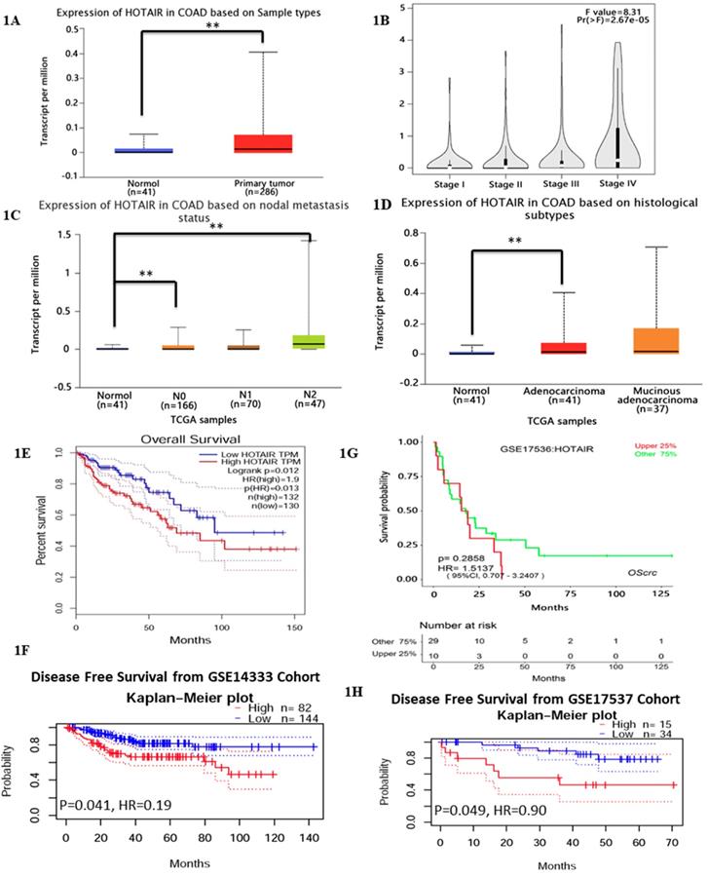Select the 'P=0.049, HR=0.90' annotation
click(492, 808)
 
